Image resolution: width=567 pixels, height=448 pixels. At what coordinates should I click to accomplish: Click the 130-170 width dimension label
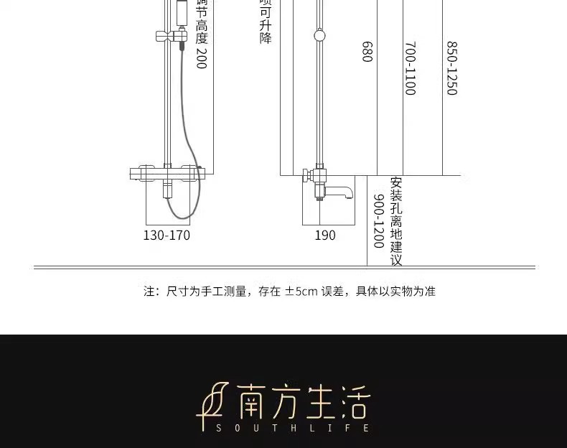[x=167, y=235]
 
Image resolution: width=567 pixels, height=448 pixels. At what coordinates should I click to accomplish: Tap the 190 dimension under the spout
[x=325, y=235]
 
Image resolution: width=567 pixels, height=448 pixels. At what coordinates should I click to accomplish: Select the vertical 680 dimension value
[x=367, y=51]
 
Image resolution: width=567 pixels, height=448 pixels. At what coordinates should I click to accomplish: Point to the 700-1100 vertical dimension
[x=410, y=68]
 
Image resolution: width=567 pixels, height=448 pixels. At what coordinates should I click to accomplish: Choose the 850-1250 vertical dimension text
[x=452, y=68]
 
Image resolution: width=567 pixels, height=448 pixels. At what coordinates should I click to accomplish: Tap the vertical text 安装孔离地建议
[x=396, y=221]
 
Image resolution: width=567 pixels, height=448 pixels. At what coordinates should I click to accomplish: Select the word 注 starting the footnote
[x=149, y=291]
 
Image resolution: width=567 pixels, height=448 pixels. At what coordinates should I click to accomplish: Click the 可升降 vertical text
[x=266, y=26]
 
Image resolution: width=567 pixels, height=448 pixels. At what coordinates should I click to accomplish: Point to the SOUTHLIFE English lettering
[x=293, y=428]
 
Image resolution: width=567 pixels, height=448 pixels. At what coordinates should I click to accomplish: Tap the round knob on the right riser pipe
[x=319, y=34]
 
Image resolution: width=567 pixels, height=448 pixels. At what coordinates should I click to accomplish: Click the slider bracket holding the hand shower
[x=172, y=35]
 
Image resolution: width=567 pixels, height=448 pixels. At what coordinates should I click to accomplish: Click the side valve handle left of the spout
[x=306, y=174]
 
